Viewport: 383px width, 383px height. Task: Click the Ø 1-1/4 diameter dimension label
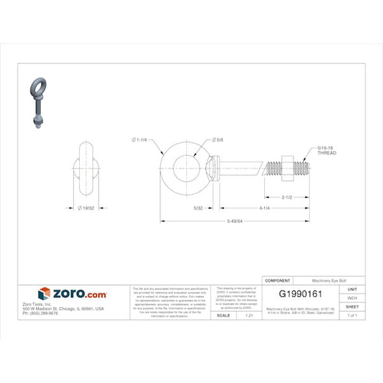click(140, 140)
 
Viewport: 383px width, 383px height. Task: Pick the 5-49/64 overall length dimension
click(235, 221)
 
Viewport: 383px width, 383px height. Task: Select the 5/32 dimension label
click(199, 208)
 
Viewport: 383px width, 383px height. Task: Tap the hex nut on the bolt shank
click(286, 167)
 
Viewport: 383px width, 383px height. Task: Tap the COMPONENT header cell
click(278, 280)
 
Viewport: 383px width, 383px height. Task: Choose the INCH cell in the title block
click(352, 298)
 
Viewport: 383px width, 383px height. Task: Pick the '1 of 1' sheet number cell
click(352, 315)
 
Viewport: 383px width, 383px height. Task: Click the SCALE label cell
click(223, 315)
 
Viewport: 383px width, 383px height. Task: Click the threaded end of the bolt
click(302, 168)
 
